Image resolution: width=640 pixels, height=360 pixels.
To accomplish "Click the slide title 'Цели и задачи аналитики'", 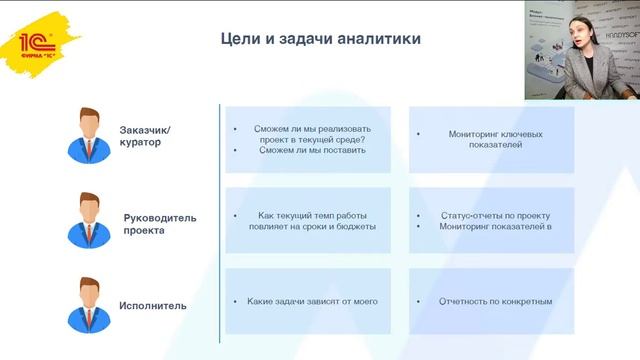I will point(320,39).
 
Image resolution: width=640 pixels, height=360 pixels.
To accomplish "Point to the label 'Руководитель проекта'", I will point(160,223).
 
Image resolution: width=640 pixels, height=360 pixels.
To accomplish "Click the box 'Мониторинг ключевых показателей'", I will point(492,138).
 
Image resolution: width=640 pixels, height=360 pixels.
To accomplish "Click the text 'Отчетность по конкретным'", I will point(495,301).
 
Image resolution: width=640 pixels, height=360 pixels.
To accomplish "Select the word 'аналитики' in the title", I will point(379,39).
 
